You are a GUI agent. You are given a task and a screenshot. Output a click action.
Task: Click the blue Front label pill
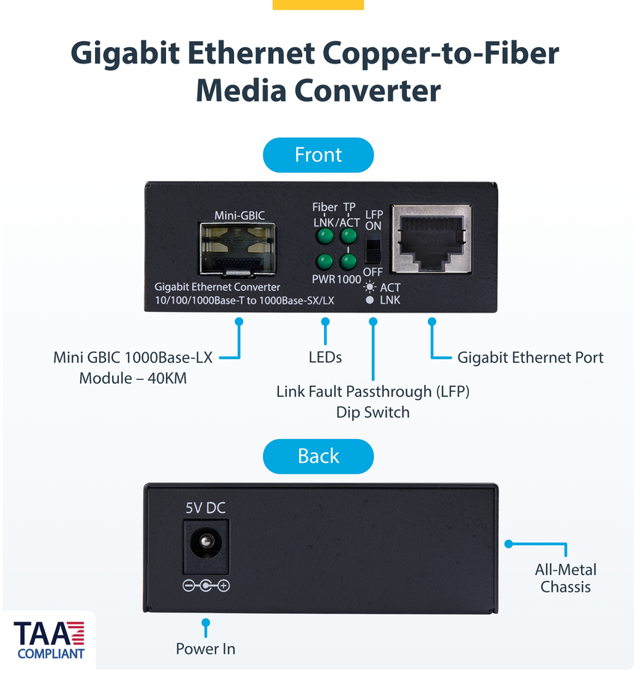pyautogui.click(x=318, y=155)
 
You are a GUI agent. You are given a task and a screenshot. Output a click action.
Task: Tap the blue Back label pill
pyautogui.click(x=318, y=456)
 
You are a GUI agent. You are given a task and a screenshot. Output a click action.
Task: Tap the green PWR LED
pyautogui.click(x=325, y=262)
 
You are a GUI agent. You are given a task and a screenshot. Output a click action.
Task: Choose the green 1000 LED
pyautogui.click(x=349, y=262)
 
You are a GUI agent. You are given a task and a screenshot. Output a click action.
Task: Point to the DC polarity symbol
pyautogui.click(x=206, y=586)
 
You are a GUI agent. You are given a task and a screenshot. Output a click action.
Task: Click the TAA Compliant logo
pyautogui.click(x=49, y=639)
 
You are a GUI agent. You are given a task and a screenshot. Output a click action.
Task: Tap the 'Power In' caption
pyautogui.click(x=206, y=649)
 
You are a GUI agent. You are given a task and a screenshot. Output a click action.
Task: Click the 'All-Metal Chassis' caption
pyautogui.click(x=565, y=578)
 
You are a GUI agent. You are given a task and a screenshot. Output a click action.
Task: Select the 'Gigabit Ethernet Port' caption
pyautogui.click(x=530, y=357)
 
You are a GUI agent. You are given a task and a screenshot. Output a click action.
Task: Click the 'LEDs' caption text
pyautogui.click(x=325, y=357)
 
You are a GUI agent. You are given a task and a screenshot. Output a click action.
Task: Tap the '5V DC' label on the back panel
pyautogui.click(x=206, y=508)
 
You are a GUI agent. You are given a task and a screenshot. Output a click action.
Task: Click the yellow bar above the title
pyautogui.click(x=318, y=4)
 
